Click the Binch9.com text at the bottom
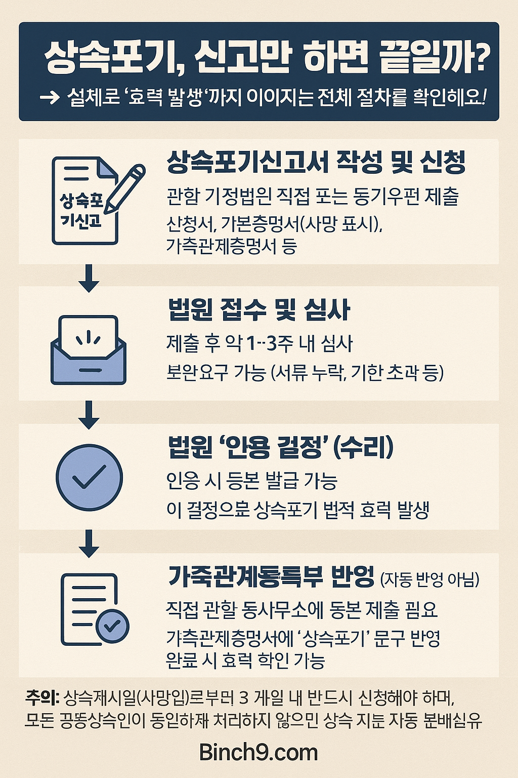[x=258, y=752]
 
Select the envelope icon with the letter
[x=89, y=349]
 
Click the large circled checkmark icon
[x=89, y=477]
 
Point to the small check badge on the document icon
[x=112, y=627]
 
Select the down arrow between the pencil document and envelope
[x=89, y=278]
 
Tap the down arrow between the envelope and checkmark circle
[x=89, y=415]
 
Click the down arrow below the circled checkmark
[x=89, y=543]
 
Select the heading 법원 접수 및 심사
[x=258, y=309]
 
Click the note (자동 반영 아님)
[x=429, y=579]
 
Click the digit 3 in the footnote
[x=244, y=698]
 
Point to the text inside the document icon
[x=81, y=211]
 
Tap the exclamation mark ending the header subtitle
[x=484, y=97]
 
